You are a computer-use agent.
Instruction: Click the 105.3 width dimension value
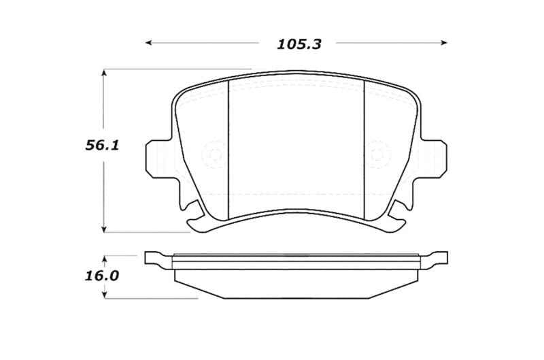pyautogui.click(x=298, y=44)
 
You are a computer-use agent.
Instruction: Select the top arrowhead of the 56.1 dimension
pyautogui.click(x=103, y=71)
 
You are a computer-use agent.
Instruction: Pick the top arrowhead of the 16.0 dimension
pyautogui.click(x=103, y=257)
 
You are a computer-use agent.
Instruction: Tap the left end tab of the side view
pyautogui.click(x=155, y=258)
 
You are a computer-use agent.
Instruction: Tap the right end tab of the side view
pyautogui.click(x=439, y=258)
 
